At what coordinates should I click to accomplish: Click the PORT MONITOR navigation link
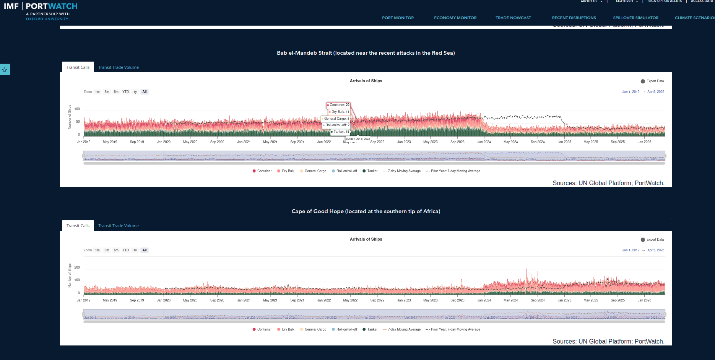tap(398, 18)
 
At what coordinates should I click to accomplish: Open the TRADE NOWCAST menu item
tap(513, 18)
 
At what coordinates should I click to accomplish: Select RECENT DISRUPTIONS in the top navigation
tap(574, 18)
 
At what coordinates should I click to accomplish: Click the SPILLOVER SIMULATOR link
tap(635, 18)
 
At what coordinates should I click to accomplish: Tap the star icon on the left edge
tap(5, 70)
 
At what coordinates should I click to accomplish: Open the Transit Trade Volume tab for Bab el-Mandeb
tap(118, 67)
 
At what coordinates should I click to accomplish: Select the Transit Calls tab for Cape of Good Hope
tap(78, 226)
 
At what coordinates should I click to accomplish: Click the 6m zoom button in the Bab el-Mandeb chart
tap(116, 92)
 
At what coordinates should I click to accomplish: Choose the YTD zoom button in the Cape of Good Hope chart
tap(125, 250)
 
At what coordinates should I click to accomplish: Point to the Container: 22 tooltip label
tap(338, 105)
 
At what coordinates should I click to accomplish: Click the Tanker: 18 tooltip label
tap(340, 132)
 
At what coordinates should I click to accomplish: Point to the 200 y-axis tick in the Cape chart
tap(77, 267)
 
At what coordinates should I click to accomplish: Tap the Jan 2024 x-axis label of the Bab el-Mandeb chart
tap(484, 142)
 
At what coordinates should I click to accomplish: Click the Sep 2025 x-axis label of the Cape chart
tap(617, 300)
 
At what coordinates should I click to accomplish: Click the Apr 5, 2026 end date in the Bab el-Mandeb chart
tap(655, 92)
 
